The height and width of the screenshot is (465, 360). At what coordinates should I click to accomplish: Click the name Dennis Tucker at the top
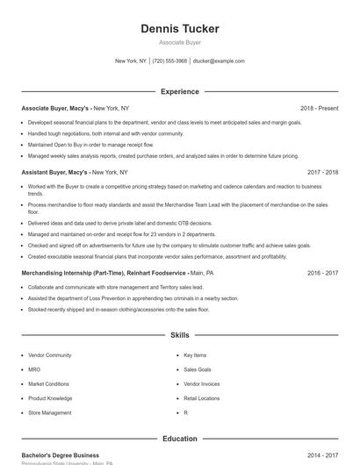(x=180, y=29)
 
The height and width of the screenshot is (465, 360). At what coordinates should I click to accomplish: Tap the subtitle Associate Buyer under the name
(x=180, y=42)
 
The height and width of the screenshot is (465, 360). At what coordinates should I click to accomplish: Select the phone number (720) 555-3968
(x=169, y=61)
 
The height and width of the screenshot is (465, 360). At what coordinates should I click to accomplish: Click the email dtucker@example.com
(x=219, y=61)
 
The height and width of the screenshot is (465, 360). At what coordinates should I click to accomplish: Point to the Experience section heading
(x=180, y=91)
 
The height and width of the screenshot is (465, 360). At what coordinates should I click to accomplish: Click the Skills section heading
(x=180, y=335)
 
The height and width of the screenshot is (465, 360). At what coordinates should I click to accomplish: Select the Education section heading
(x=180, y=439)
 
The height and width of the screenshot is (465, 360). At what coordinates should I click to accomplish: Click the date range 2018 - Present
(x=319, y=108)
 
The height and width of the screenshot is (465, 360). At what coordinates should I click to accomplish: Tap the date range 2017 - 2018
(x=322, y=173)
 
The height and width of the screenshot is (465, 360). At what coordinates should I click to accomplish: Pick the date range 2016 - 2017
(x=322, y=273)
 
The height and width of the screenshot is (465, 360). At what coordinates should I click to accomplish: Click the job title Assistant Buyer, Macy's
(x=54, y=173)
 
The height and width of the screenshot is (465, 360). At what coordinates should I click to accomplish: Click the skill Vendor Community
(x=50, y=355)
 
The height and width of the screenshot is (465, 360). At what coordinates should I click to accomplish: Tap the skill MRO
(x=35, y=369)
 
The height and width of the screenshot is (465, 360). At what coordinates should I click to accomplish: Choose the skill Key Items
(x=195, y=355)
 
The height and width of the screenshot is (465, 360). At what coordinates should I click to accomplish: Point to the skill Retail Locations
(x=202, y=398)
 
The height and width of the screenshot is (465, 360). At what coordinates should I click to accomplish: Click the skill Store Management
(x=50, y=412)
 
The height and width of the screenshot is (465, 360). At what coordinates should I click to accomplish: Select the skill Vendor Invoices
(x=202, y=384)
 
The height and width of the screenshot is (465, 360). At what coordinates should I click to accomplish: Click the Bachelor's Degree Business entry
(x=61, y=456)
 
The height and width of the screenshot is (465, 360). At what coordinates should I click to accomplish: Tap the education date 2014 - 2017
(x=322, y=456)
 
